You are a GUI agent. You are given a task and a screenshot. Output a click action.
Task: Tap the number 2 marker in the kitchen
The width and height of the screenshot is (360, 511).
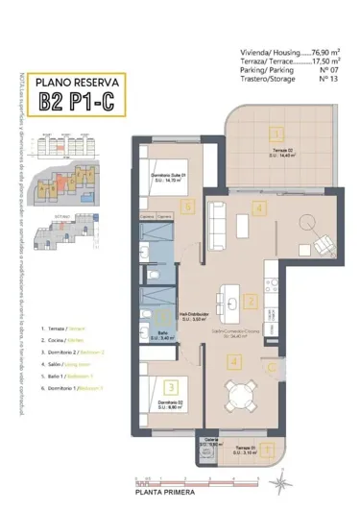[x=252, y=302]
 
